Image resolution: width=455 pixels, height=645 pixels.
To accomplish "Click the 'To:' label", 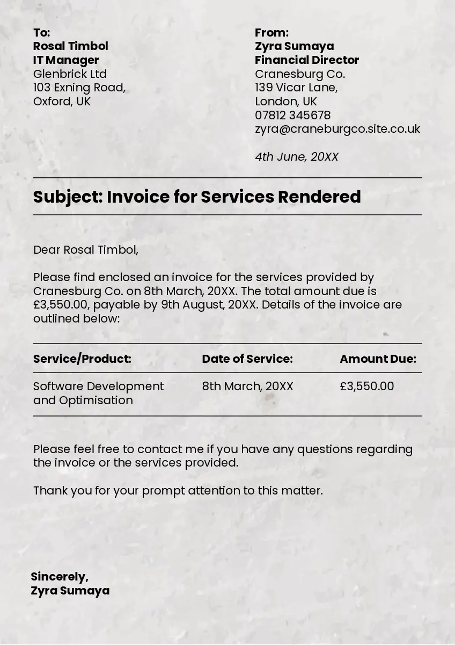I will click(x=41, y=32).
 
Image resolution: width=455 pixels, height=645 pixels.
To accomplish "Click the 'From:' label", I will click(x=271, y=32).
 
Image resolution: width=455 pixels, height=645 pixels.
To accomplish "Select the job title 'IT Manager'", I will click(x=66, y=60).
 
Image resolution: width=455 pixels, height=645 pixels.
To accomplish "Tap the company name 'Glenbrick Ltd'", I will click(x=70, y=74).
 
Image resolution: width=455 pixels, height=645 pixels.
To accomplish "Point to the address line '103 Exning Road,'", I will click(x=79, y=88).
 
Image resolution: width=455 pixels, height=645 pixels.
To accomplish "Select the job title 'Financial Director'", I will click(x=307, y=60).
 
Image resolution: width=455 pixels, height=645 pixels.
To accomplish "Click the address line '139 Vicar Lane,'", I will click(x=296, y=88).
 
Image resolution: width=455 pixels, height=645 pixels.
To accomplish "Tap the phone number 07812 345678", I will click(x=292, y=116).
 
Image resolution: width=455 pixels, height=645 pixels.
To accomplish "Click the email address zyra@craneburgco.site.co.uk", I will click(x=337, y=129).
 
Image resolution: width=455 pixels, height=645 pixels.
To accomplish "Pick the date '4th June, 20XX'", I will click(x=297, y=157).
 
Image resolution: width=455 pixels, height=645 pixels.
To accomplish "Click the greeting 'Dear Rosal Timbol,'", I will click(x=86, y=250).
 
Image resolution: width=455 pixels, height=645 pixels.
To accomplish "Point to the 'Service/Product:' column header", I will click(x=82, y=359).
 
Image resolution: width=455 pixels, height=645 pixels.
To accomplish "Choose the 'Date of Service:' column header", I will click(x=247, y=359).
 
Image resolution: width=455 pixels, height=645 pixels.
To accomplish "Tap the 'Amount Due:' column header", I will click(x=378, y=359).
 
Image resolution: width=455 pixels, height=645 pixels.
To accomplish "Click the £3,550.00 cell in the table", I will click(x=367, y=386).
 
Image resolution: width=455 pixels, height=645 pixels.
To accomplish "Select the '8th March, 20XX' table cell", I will click(x=247, y=386).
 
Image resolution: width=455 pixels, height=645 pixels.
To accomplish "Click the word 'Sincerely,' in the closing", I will click(x=60, y=577).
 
